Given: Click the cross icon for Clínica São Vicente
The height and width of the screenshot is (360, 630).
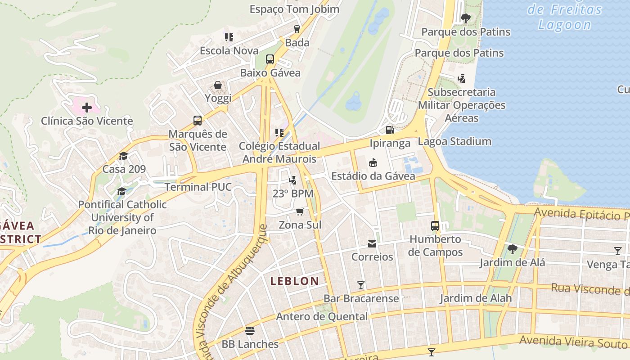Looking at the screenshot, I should (87, 108).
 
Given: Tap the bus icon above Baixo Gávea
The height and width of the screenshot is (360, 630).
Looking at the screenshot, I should (270, 59).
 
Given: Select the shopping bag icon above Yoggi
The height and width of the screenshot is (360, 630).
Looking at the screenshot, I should (218, 85).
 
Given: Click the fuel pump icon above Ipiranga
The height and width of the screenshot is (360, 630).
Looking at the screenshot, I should (390, 130).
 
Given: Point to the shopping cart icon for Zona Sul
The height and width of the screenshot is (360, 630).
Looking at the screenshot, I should (300, 211).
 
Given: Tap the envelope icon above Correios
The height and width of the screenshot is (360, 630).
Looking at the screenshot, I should (372, 244).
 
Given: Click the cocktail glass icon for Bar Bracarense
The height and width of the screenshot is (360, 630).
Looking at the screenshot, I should (361, 285).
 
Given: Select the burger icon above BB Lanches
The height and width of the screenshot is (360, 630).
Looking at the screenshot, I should (250, 331).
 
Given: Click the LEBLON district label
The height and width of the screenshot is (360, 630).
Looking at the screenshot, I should (295, 281).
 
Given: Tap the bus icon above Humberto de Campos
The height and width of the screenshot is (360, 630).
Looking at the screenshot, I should (435, 226).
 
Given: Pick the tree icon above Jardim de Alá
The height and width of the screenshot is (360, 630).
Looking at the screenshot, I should (512, 249).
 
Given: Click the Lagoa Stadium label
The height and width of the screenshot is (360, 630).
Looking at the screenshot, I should (454, 141).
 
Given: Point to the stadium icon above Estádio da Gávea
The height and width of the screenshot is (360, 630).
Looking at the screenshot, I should (373, 162).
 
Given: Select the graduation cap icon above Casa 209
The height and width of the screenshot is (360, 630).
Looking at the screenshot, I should (123, 156).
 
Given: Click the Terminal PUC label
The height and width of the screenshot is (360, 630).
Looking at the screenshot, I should (198, 187).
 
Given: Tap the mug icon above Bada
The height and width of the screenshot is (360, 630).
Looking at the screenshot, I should (297, 29).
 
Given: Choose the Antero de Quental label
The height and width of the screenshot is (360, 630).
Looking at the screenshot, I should (322, 316).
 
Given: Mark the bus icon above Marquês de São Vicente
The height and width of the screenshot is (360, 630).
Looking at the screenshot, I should (198, 121).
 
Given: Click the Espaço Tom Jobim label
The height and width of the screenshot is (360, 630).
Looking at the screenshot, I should (294, 9).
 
